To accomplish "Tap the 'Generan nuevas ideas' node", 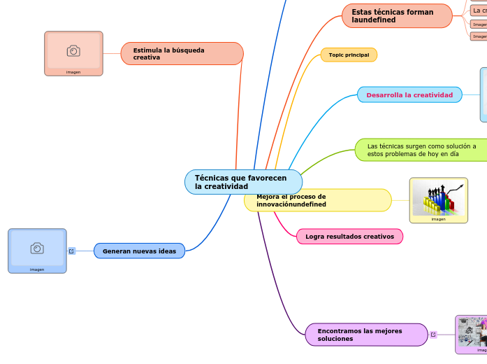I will pyautogui.click(x=139, y=251).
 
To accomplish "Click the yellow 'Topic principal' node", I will pyautogui.click(x=349, y=55).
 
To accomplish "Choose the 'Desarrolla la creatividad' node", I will pyautogui.click(x=409, y=94).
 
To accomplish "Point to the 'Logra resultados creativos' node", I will pyautogui.click(x=349, y=237).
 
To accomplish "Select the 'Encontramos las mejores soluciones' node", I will pyautogui.click(x=366, y=335).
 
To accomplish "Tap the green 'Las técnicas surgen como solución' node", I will pyautogui.click(x=421, y=150).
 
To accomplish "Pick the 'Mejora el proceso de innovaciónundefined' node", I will pyautogui.click(x=318, y=200).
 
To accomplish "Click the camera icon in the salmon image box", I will pyautogui.click(x=73, y=50).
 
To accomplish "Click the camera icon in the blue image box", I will pyautogui.click(x=37, y=248).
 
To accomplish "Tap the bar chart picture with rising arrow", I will pyautogui.click(x=438, y=197).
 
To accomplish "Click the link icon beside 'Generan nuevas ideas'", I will pyautogui.click(x=71, y=251).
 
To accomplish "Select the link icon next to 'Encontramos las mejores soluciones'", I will pyautogui.click(x=433, y=335).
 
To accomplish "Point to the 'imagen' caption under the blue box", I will pyautogui.click(x=37, y=269).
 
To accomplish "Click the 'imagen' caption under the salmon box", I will pyautogui.click(x=73, y=72).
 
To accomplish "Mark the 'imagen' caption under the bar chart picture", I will pyautogui.click(x=438, y=219).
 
